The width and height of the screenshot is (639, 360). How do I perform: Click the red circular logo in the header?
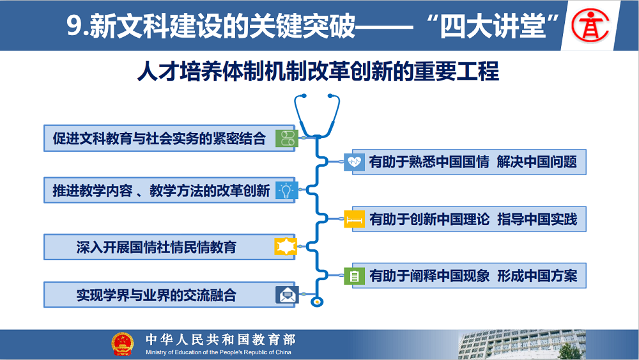click(590, 26)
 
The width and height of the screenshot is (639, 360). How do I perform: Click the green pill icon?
click(287, 138)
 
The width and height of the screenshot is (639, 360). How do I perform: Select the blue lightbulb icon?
click(286, 190)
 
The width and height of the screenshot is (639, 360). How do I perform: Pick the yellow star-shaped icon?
click(285, 246)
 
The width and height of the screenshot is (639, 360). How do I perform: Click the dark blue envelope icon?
click(287, 295)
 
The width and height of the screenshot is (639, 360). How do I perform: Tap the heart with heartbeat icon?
click(354, 162)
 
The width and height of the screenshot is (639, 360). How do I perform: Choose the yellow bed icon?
click(354, 219)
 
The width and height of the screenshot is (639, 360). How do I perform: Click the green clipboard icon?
click(354, 276)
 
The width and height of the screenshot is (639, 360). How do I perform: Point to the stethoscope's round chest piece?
click(317, 302)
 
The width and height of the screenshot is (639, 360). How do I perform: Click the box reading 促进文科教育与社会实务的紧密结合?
click(169, 138)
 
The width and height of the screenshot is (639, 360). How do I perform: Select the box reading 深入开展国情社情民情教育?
click(169, 247)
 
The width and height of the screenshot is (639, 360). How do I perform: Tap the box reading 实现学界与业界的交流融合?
click(169, 295)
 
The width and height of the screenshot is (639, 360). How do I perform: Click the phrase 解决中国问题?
click(537, 162)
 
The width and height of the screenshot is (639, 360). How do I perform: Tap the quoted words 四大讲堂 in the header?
click(493, 26)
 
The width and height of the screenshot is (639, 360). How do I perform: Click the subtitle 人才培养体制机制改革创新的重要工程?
click(318, 72)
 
